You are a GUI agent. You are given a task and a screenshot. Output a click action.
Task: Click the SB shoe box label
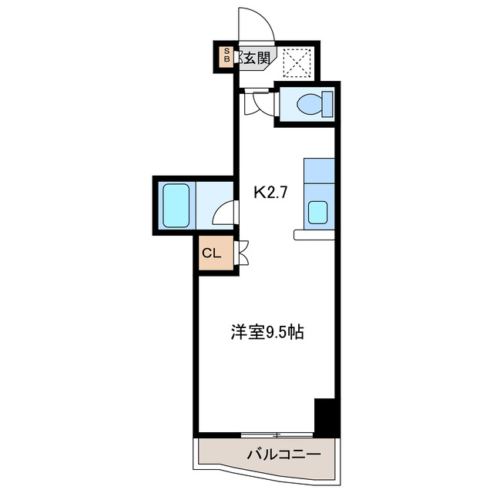(226, 55)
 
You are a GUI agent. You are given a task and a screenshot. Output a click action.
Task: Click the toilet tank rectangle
(327, 103)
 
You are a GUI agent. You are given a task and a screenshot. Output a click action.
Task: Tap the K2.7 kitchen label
(270, 193)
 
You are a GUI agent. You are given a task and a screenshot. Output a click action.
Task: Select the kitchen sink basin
(318, 212)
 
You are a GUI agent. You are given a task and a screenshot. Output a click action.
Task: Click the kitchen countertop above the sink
(319, 171)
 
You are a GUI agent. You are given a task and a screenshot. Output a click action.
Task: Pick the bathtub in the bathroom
(176, 204)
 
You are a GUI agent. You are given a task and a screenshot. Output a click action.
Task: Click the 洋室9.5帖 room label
(267, 333)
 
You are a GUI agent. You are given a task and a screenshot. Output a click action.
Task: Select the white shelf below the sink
(314, 234)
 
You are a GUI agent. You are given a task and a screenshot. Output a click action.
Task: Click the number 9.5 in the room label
(276, 333)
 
